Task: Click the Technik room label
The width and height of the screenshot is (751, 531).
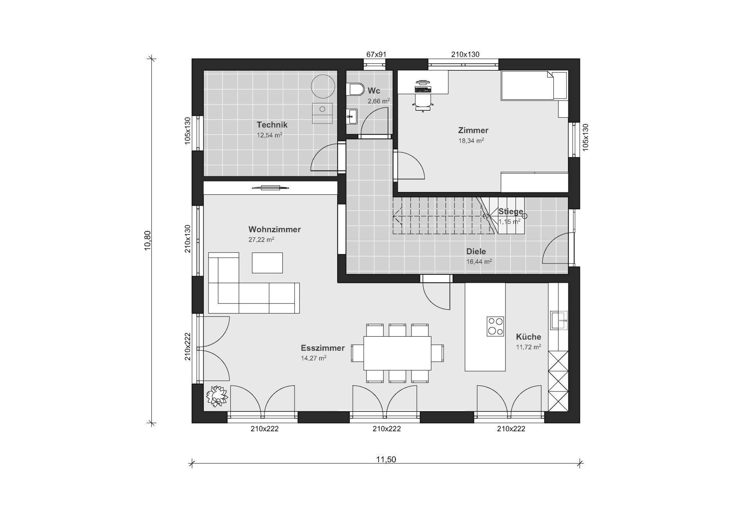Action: pos(272,125)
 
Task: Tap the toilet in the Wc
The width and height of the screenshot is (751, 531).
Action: pos(356,89)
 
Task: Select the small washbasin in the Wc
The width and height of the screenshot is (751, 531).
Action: pos(352,117)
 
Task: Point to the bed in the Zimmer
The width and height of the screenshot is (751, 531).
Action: pos(534,85)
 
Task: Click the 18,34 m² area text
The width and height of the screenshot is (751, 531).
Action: pos(471,141)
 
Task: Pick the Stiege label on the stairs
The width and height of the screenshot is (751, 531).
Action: pos(510,212)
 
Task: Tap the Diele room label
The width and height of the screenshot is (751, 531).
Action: pos(476,251)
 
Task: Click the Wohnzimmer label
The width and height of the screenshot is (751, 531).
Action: pos(275,229)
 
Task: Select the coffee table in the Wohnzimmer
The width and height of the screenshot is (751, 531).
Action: pos(267,263)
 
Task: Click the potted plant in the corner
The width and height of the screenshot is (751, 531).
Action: pos(217,396)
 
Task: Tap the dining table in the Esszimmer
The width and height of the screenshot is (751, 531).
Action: pos(397,353)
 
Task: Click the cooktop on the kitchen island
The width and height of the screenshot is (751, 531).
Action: pos(495,326)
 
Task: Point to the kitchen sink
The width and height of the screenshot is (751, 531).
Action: pos(559,320)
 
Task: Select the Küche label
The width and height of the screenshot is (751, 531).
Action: pos(528,337)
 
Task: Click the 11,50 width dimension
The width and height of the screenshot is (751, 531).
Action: pos(386,459)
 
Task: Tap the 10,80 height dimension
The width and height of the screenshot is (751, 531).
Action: pos(147,240)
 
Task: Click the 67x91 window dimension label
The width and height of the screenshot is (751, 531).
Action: pos(376,54)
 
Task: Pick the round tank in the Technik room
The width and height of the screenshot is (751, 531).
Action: pos(323,86)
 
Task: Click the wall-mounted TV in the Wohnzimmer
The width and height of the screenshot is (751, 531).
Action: pos(270,188)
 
